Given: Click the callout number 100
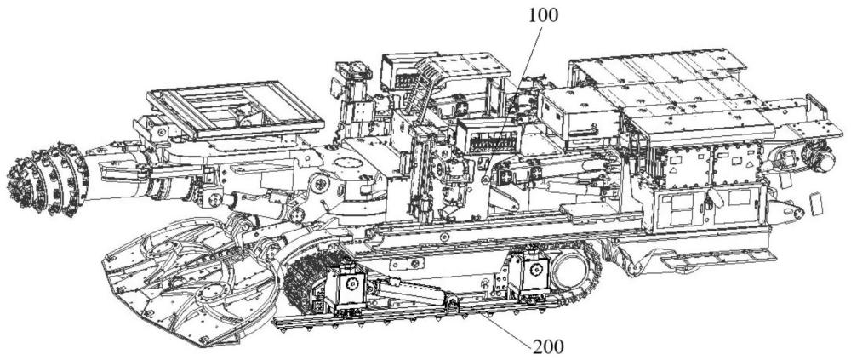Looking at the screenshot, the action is [543, 16].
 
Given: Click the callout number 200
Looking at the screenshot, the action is [549, 346].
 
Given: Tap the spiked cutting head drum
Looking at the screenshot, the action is [48, 179].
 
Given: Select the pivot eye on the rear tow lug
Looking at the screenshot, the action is [798, 213].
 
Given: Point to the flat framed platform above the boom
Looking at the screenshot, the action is [235, 111].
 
